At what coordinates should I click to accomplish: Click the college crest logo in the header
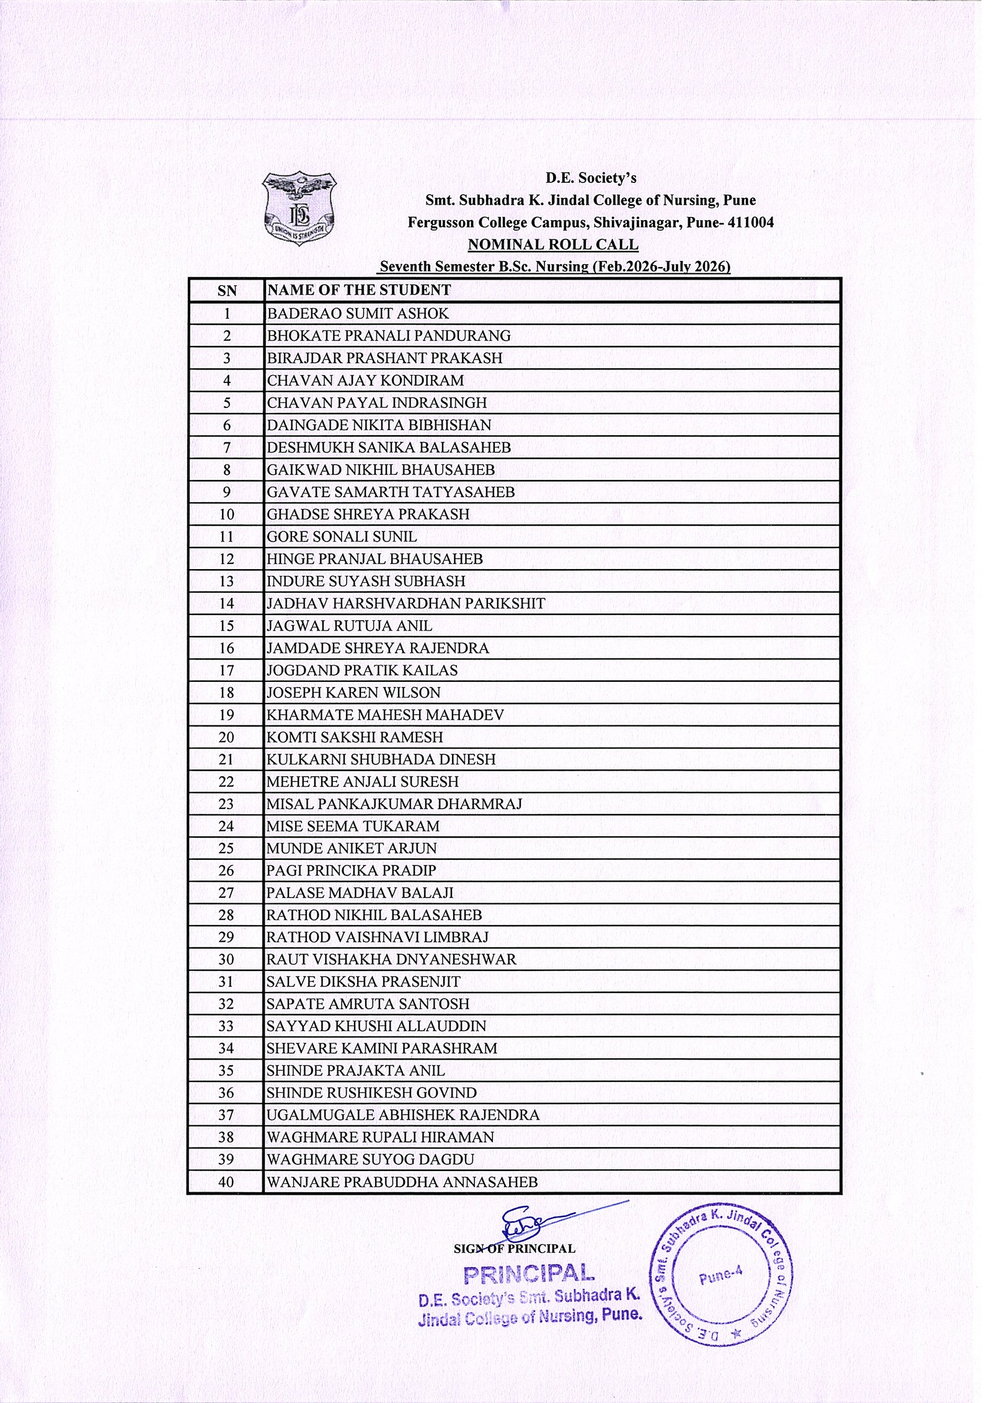pyautogui.click(x=299, y=208)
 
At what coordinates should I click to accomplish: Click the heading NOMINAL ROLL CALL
pyautogui.click(x=552, y=244)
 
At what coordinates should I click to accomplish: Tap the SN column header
pyautogui.click(x=226, y=290)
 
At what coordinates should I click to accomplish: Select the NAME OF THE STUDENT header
pyautogui.click(x=358, y=290)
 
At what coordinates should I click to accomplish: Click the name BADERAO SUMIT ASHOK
pyautogui.click(x=358, y=314)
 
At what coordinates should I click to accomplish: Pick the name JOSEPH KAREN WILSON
pyautogui.click(x=353, y=693)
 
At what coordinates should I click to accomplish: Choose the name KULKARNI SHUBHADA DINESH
pyautogui.click(x=381, y=759)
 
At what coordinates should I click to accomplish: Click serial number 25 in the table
pyautogui.click(x=226, y=849)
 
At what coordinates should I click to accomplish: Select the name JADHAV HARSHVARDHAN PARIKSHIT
pyautogui.click(x=405, y=603)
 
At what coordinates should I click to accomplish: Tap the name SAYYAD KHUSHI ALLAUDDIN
pyautogui.click(x=376, y=1027)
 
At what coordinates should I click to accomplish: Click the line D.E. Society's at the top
pyautogui.click(x=590, y=179)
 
